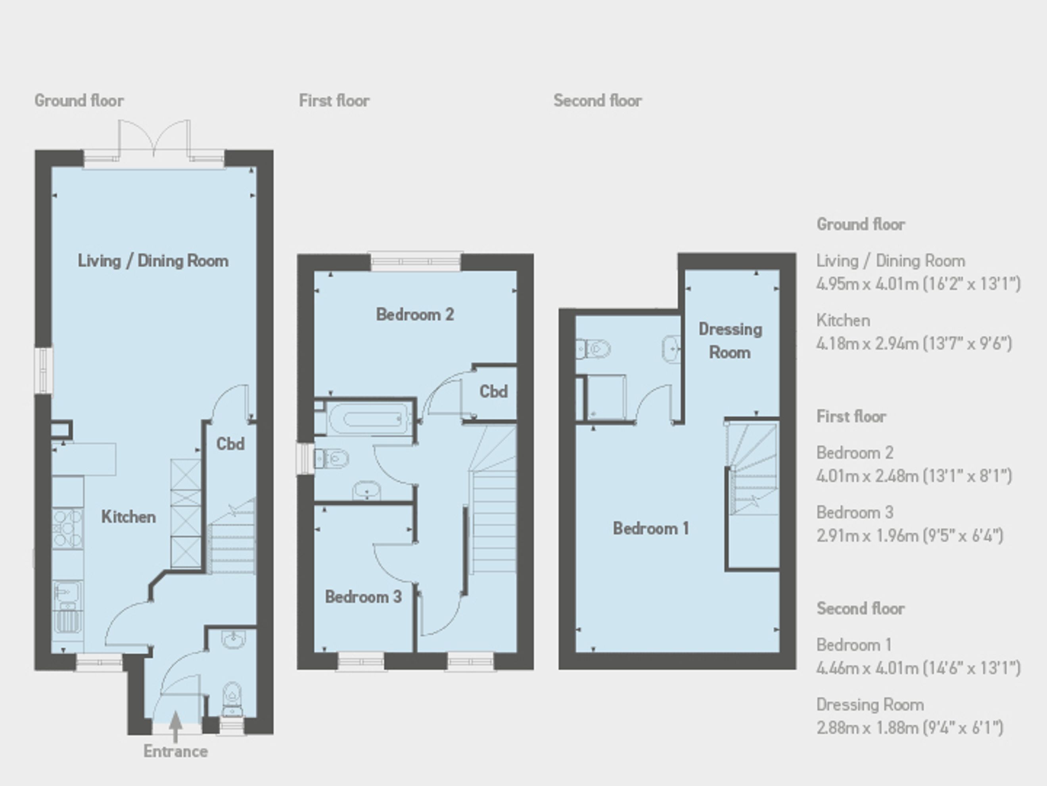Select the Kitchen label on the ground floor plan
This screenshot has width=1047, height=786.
(128, 516)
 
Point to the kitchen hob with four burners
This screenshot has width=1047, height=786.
(68, 528)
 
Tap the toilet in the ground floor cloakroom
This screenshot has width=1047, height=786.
(232, 699)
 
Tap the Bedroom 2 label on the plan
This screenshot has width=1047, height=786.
(414, 314)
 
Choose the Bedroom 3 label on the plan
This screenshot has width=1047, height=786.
(363, 597)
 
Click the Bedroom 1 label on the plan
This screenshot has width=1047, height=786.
(651, 528)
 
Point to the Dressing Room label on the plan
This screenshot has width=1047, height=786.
(730, 341)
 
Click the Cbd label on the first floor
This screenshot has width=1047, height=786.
(493, 391)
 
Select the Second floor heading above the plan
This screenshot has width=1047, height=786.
(597, 100)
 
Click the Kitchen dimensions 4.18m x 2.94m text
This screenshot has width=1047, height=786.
(914, 343)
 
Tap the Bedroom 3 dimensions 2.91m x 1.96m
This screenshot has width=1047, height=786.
(910, 536)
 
